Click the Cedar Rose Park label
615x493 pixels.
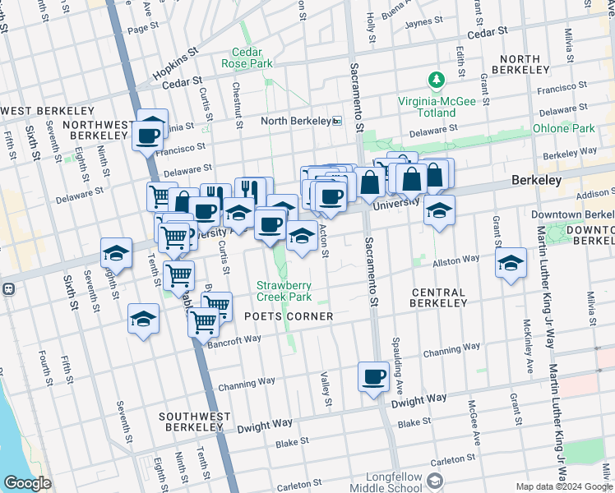tap(252, 57)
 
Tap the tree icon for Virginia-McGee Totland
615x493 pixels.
tap(436, 81)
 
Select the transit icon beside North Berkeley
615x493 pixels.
tap(337, 121)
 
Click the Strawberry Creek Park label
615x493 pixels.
tap(285, 291)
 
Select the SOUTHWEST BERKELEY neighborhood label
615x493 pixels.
tap(196, 422)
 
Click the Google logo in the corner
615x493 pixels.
tap(27, 483)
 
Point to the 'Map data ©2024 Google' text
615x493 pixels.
tap(565, 486)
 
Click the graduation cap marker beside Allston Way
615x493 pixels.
tap(511, 264)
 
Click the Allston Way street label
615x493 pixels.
tap(456, 260)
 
